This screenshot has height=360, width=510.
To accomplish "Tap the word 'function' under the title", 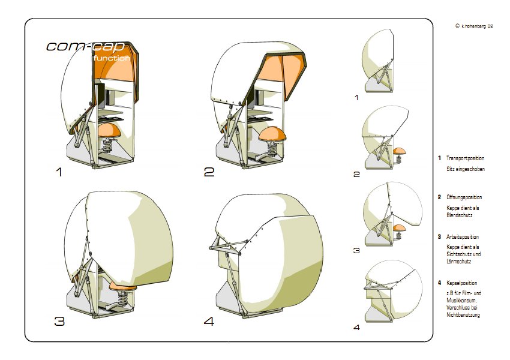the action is pyautogui.click(x=112, y=58).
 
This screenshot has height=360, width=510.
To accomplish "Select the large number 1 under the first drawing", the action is pyautogui.click(x=59, y=172).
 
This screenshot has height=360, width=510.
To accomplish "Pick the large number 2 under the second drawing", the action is pyautogui.click(x=209, y=172).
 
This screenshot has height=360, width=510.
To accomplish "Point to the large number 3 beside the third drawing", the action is pyautogui.click(x=59, y=322).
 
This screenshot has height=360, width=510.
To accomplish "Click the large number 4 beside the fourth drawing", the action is pyautogui.click(x=209, y=322).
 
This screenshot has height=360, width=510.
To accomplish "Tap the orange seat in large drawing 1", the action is pyautogui.click(x=110, y=130).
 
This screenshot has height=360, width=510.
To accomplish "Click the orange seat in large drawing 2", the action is pyautogui.click(x=273, y=133).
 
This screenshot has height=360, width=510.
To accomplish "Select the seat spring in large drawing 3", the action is pyautogui.click(x=122, y=298).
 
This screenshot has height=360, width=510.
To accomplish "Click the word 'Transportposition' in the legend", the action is pyautogui.click(x=466, y=158).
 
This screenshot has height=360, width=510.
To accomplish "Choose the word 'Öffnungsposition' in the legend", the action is pyautogui.click(x=464, y=197).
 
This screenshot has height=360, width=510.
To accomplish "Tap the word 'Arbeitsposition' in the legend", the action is pyautogui.click(x=463, y=237).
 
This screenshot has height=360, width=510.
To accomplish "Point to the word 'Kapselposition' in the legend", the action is pyautogui.click(x=462, y=283).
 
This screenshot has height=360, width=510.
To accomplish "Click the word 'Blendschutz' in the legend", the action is pyautogui.click(x=460, y=215).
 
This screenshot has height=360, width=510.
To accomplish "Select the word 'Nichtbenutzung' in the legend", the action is pyautogui.click(x=463, y=315).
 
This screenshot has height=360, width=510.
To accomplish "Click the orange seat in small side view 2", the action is pyautogui.click(x=400, y=151).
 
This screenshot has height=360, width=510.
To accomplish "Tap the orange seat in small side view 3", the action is pyautogui.click(x=400, y=227).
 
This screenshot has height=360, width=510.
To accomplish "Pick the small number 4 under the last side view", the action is pyautogui.click(x=357, y=327).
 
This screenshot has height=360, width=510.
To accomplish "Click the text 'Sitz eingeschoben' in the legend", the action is pyautogui.click(x=466, y=169).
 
